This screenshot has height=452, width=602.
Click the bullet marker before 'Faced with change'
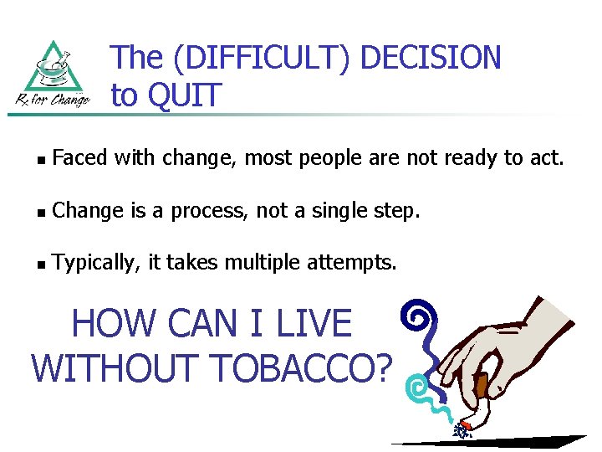point(42,157)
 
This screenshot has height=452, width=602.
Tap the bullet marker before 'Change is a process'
point(42,212)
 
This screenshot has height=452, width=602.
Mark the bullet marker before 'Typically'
point(42,265)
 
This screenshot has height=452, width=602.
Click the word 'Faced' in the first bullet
point(79,157)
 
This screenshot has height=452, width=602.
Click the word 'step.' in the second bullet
point(395,211)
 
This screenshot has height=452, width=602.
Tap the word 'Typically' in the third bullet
point(94,264)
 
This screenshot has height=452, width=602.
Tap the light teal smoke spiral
point(416,387)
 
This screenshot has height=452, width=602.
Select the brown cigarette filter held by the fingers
point(481,387)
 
